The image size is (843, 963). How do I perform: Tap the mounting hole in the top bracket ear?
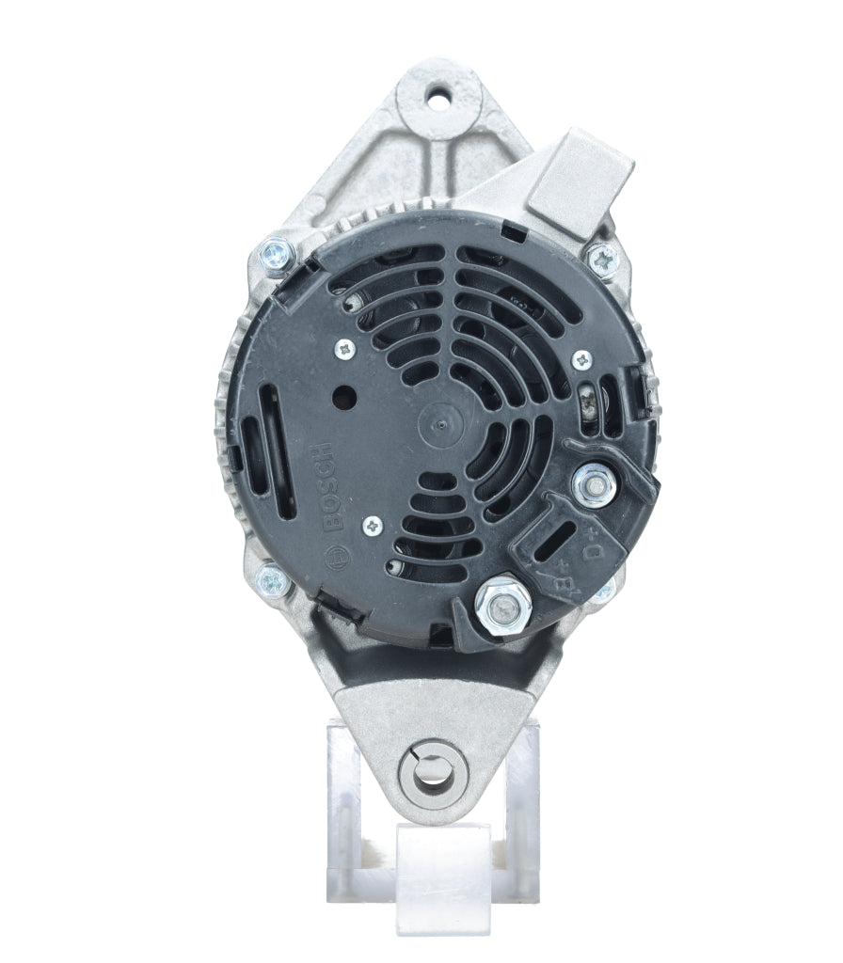(x=437, y=95)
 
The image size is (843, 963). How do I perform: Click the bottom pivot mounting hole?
(x=433, y=773)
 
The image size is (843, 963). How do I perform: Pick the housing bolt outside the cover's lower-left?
(x=271, y=580)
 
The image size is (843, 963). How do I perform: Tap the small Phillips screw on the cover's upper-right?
(x=582, y=358)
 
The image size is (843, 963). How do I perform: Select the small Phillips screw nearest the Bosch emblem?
(x=377, y=527)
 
